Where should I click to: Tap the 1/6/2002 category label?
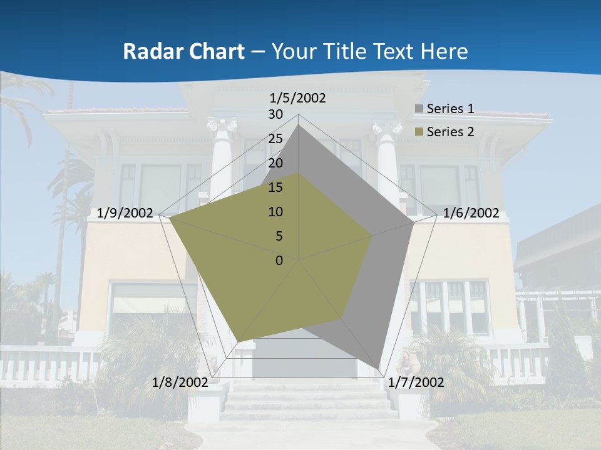471,213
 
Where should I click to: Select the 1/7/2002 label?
416,382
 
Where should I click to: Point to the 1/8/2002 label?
180,382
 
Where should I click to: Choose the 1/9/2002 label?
125,213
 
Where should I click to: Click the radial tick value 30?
275,114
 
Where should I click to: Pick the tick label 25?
275,139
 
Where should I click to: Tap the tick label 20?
275,163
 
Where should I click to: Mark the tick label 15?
275,187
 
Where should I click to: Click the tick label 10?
275,212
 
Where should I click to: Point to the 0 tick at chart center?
279,261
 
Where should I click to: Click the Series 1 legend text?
450,109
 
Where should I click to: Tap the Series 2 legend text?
450,132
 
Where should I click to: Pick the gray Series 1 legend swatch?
419,109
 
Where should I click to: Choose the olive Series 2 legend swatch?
419,132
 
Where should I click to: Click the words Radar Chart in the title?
183,52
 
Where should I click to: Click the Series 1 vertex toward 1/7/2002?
378,369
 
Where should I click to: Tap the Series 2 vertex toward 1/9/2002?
170,218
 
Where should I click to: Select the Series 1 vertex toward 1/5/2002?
299,125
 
